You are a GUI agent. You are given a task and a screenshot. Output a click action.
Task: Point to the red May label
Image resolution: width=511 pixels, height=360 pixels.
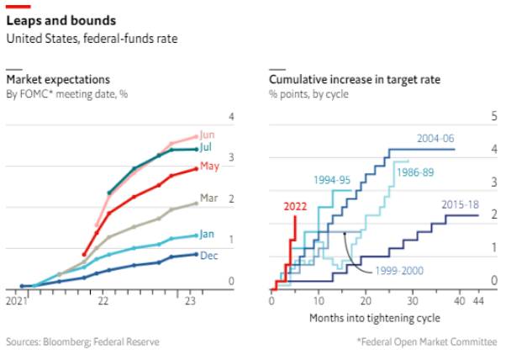coord(209,166)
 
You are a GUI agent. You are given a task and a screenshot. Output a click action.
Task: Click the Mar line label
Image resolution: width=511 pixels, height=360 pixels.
coord(209,199)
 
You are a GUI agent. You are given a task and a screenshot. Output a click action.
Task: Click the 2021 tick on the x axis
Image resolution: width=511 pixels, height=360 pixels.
coord(16,299)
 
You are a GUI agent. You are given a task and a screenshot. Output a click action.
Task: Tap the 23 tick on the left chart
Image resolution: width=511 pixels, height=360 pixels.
coord(190,299)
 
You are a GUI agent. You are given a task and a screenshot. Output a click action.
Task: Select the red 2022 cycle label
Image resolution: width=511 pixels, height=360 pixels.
coord(295,205)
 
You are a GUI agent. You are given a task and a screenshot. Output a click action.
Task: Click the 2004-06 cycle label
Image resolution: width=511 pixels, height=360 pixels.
coord(435,138)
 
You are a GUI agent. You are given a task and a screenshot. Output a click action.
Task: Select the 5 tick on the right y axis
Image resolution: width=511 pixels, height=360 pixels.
coord(494,117)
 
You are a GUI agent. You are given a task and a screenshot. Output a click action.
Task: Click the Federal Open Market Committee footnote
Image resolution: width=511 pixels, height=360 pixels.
coord(429,341)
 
